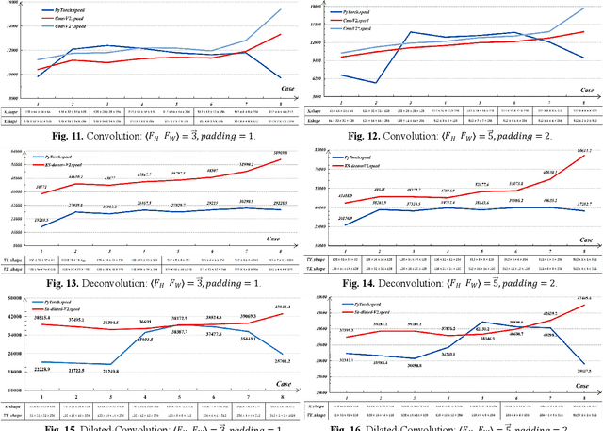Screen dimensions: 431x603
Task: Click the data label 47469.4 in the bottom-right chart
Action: [583, 300]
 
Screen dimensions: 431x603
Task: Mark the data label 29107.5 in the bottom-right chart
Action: [583, 371]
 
